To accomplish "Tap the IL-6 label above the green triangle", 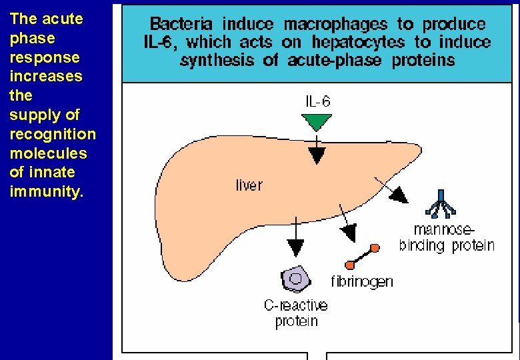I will [317, 102].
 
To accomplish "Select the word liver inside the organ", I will [249, 185].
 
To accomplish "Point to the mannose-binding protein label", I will [447, 238].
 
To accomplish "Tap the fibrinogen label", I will [362, 281].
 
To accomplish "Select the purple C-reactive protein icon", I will [295, 279].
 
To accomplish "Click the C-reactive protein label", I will [296, 313].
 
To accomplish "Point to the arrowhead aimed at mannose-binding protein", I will [399, 194].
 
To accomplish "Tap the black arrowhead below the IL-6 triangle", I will [317, 155].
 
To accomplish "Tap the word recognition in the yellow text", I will [53, 134].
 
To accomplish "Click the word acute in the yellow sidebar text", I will [63, 19].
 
